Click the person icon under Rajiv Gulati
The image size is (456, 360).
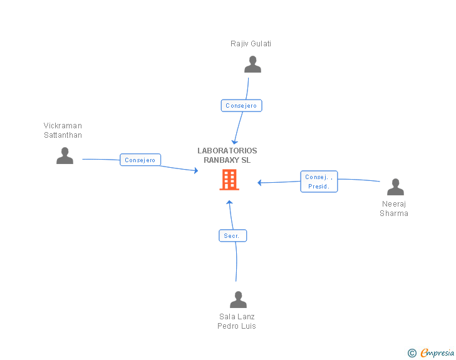point(252,64)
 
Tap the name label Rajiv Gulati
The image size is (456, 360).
point(251,44)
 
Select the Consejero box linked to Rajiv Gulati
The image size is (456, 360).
point(241,106)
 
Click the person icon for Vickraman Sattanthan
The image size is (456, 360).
point(65,155)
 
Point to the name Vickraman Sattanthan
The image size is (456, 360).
point(63,130)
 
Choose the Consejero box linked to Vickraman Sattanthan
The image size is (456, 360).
point(140,160)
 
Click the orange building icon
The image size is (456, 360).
point(229,180)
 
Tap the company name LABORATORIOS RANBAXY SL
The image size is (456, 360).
point(227,155)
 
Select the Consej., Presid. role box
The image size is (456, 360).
point(319,182)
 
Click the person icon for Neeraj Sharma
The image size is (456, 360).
point(395,187)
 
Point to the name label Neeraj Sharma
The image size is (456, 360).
point(394,208)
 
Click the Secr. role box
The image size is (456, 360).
point(232,235)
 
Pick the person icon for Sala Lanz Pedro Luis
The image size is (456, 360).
point(238,299)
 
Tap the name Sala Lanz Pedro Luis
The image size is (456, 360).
point(237,321)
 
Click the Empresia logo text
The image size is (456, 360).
point(437,352)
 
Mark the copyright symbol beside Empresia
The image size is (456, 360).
point(412,353)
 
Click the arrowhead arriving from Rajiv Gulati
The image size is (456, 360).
point(234,142)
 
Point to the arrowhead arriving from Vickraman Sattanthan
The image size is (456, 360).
point(196,171)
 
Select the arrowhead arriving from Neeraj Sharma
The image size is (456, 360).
point(259,183)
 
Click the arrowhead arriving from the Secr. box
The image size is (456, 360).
point(229,202)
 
